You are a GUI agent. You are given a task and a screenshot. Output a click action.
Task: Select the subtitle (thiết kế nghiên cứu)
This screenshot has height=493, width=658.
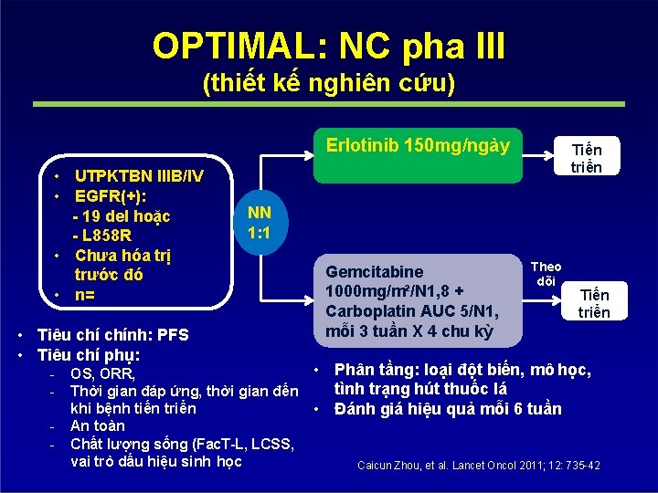coord(328,84)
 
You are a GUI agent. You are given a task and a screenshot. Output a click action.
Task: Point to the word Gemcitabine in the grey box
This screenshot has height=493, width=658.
coord(375,271)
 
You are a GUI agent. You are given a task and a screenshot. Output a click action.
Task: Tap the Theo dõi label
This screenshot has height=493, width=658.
coord(546,274)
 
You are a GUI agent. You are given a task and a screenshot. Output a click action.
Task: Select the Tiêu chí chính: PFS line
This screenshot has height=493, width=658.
coord(112,334)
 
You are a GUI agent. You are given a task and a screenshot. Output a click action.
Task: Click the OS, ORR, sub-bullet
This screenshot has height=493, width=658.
coord(102,373)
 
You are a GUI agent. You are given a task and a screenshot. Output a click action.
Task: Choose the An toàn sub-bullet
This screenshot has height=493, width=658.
coord(98,425)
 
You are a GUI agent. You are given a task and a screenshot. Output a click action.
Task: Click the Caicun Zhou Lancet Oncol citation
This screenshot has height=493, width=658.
coord(479,466)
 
